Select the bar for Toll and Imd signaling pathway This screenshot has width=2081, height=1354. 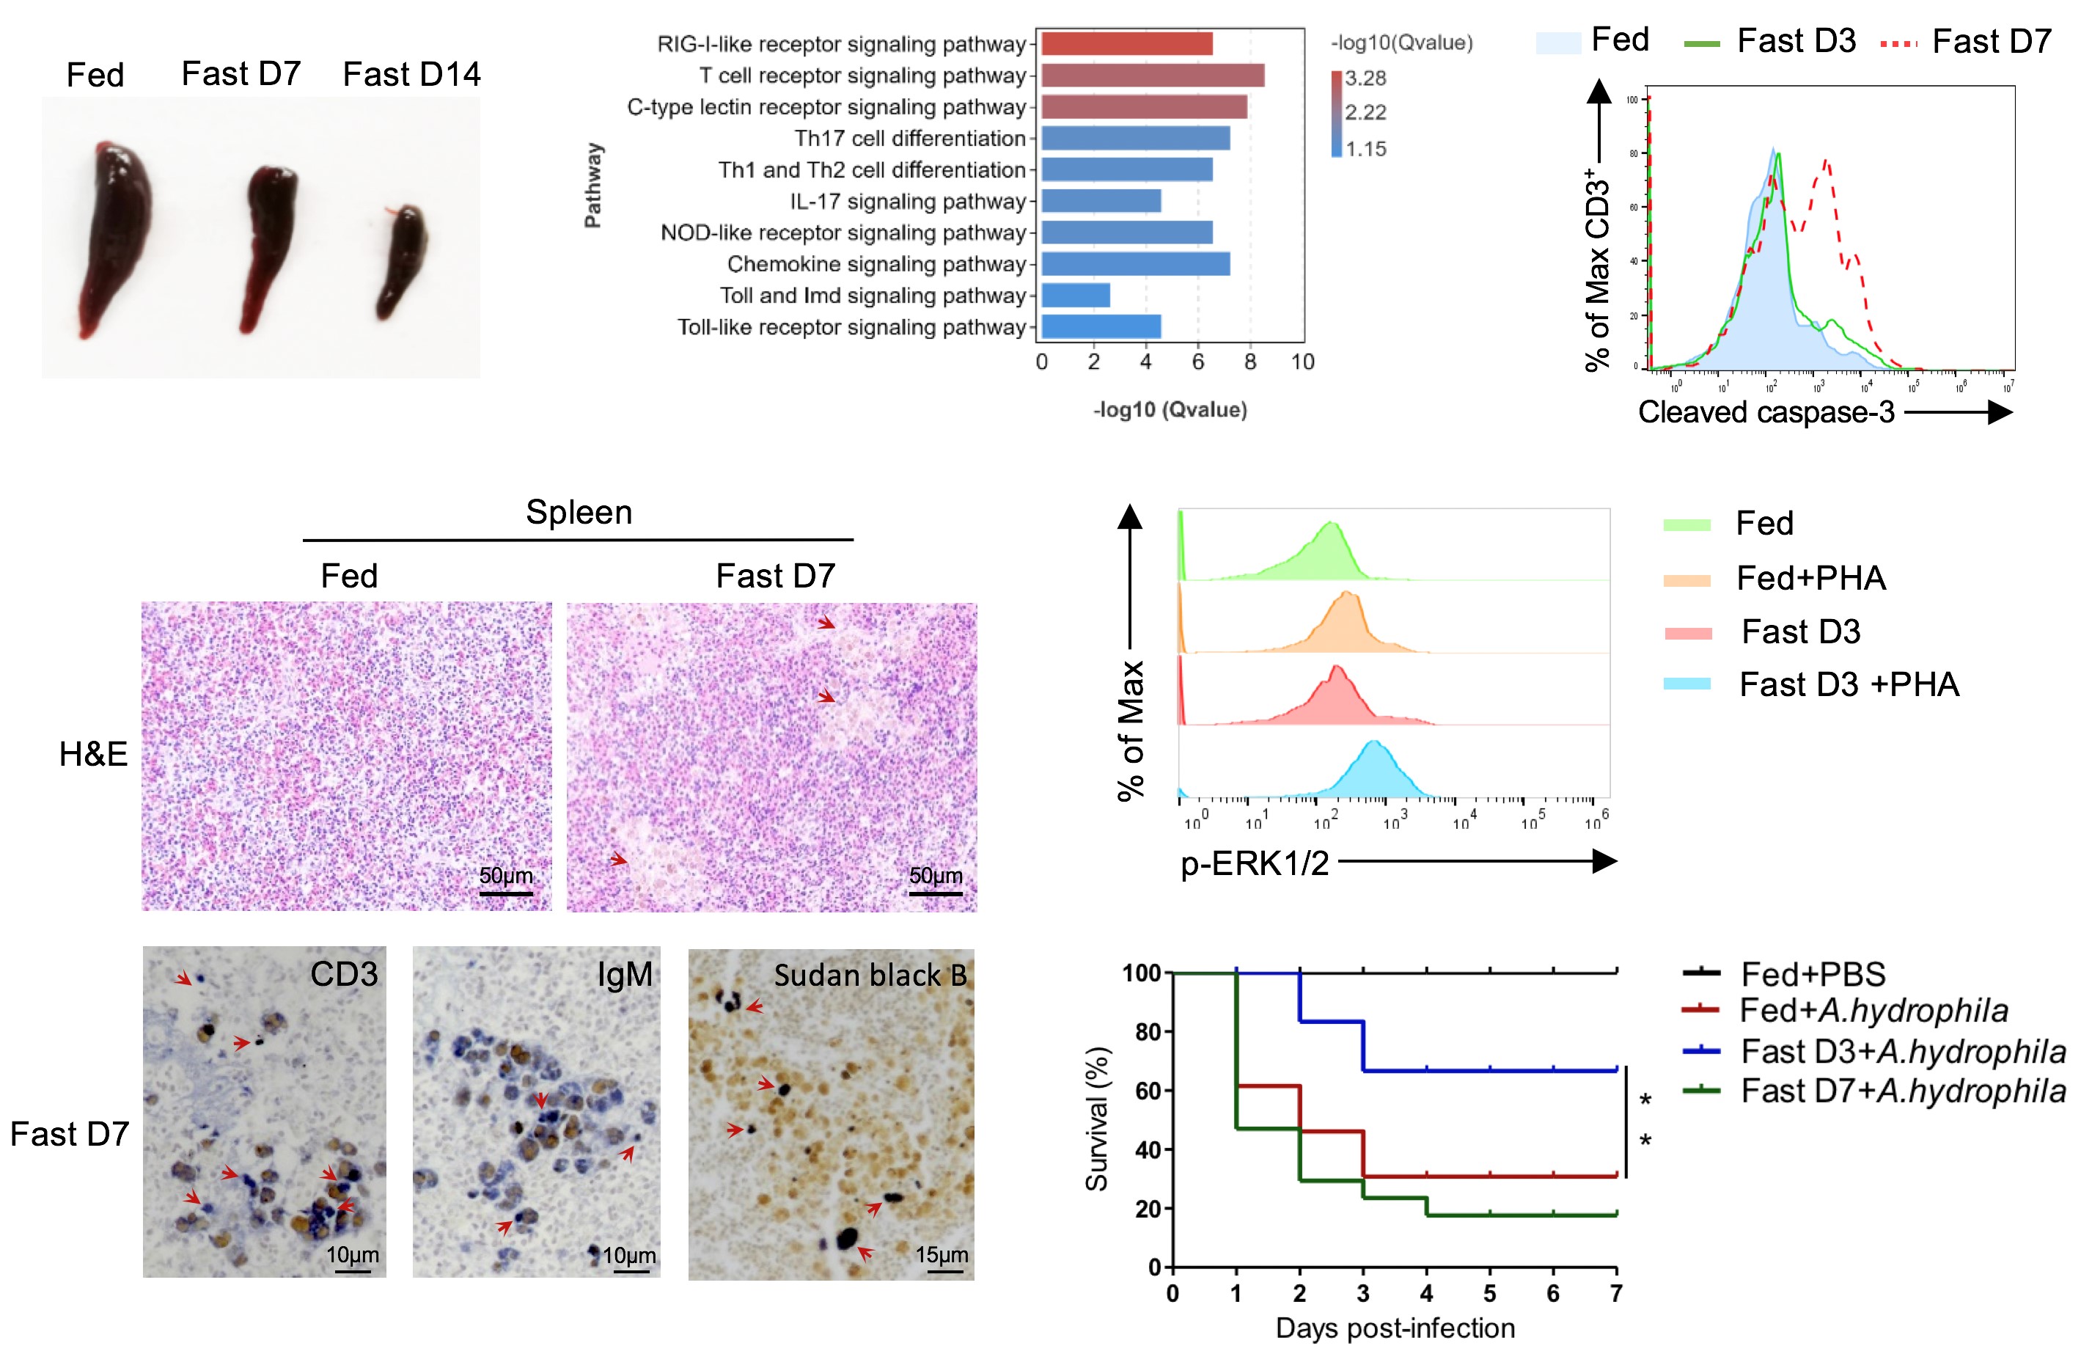[1076, 296]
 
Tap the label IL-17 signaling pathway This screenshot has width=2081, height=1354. [907, 202]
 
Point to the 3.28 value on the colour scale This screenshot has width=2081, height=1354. [1365, 78]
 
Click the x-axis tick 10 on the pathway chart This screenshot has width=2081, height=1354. [1302, 362]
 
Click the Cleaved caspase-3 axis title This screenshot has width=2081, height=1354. [1766, 412]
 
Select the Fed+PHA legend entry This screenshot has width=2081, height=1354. [1810, 578]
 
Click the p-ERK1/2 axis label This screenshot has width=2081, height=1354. [1254, 863]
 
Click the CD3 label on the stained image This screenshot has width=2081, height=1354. [344, 974]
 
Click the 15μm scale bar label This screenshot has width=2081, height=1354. [942, 1255]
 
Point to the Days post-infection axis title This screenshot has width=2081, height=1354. [1395, 1328]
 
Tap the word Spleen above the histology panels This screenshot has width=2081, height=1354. [579, 513]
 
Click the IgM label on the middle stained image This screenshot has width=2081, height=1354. [624, 974]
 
